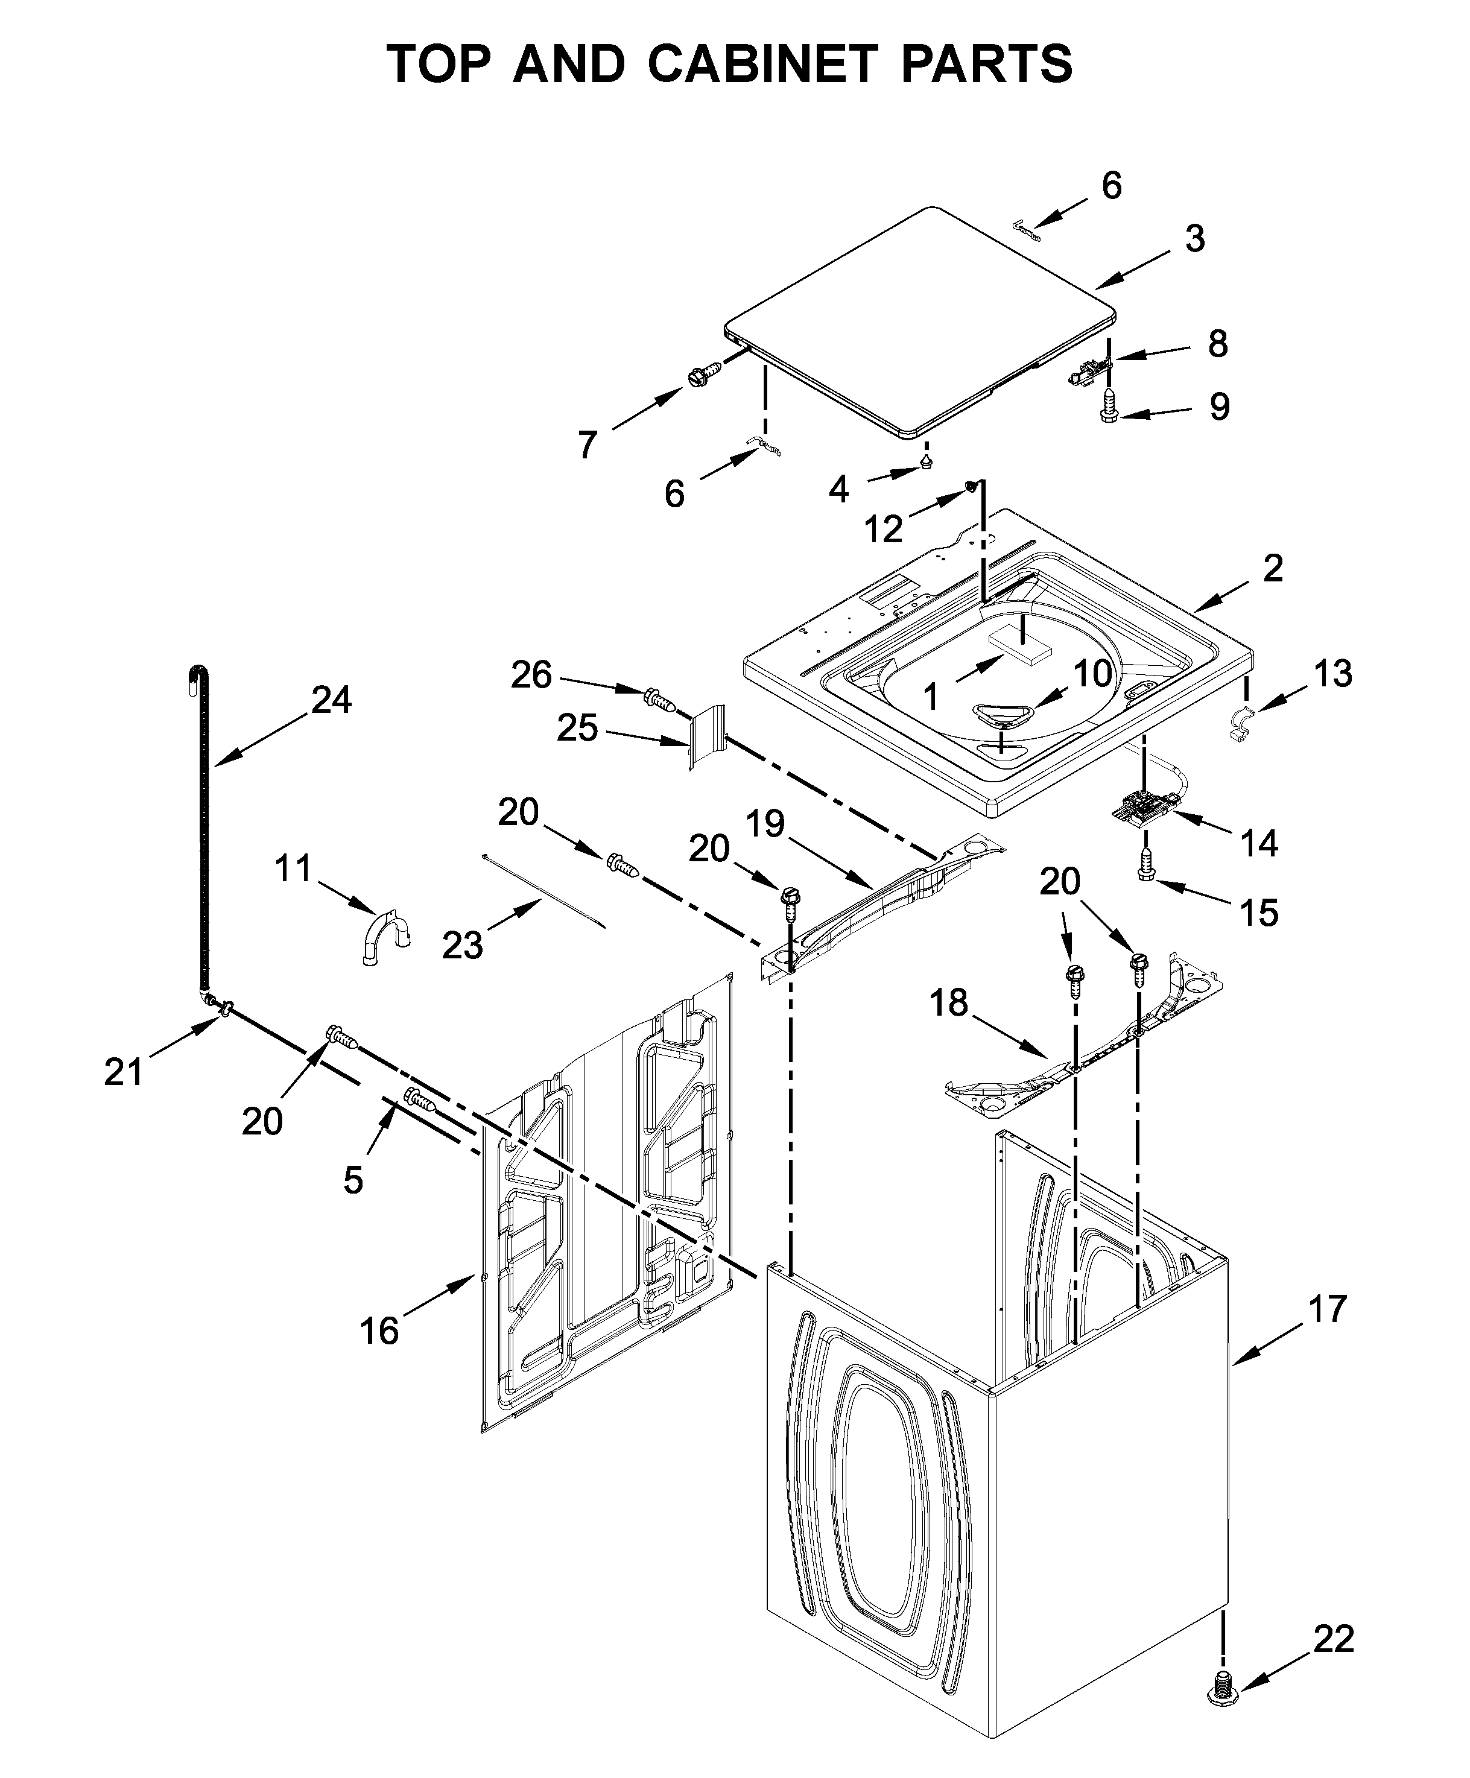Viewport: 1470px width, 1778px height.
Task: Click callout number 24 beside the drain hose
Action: coord(331,700)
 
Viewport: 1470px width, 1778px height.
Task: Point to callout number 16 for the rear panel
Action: coord(379,1332)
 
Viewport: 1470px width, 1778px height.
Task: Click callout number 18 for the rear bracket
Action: coord(948,1004)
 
